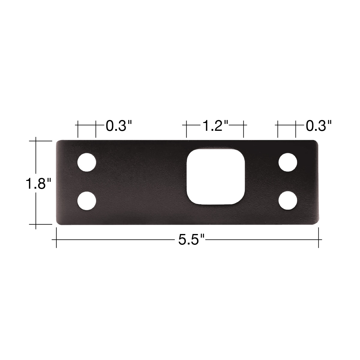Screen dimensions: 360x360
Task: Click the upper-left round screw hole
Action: [87, 162]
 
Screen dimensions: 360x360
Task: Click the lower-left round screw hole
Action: [87, 201]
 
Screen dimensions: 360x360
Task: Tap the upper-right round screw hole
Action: [288, 162]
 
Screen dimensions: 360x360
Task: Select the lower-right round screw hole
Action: [288, 200]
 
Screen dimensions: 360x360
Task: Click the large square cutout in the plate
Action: [216, 177]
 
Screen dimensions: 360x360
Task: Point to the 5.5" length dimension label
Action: [191, 239]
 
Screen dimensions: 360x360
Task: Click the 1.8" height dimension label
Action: [38, 184]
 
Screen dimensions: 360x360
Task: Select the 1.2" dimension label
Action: [215, 126]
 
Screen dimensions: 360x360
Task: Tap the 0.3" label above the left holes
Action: [119, 126]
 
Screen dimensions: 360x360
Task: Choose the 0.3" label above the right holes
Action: [319, 126]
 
